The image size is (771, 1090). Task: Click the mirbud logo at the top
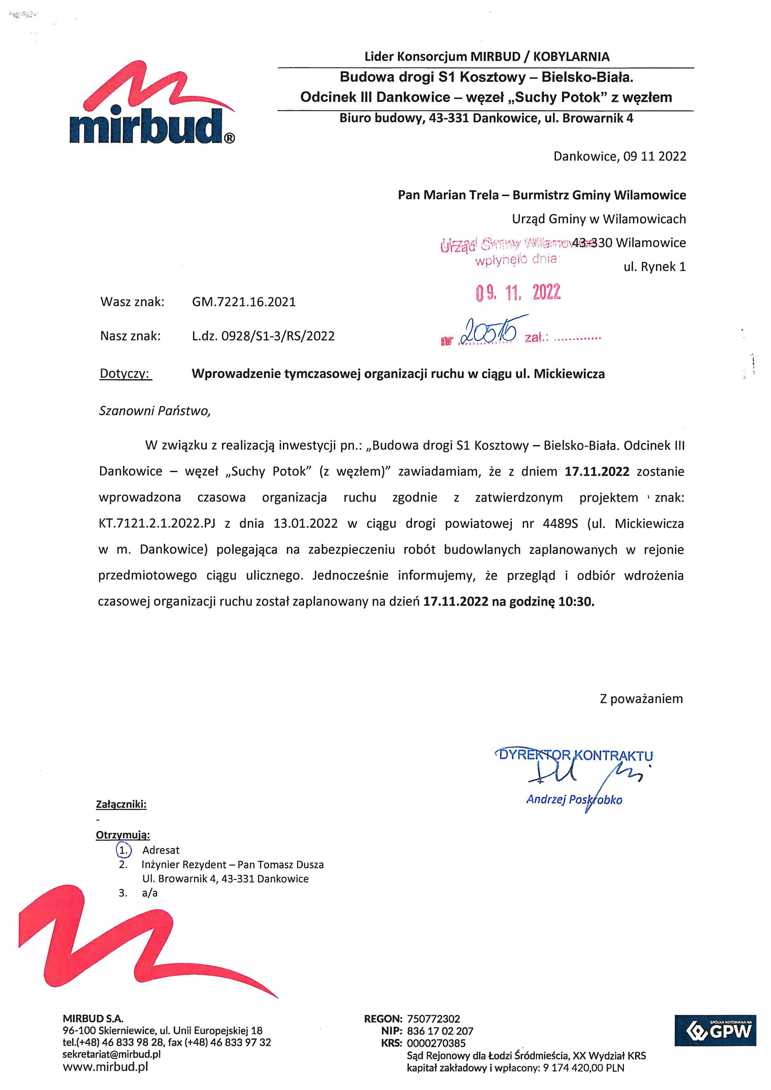(x=152, y=104)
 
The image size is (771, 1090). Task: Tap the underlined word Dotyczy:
(x=125, y=374)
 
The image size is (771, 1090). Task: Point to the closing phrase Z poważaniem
(x=641, y=699)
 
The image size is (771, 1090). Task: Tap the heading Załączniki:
(x=121, y=804)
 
